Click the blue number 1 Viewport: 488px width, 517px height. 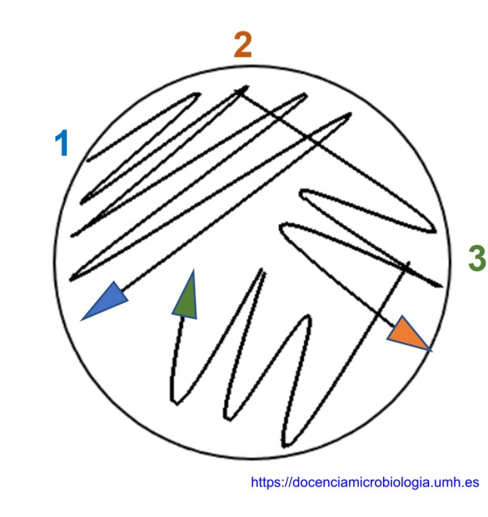click(x=62, y=143)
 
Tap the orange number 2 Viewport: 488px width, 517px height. click(x=243, y=45)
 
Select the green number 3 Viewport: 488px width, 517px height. click(x=477, y=258)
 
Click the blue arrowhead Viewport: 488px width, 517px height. click(x=105, y=301)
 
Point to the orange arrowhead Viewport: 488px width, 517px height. click(x=407, y=334)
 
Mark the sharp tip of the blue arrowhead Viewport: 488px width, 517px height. click(x=82, y=320)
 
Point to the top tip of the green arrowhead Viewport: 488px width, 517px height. click(x=193, y=271)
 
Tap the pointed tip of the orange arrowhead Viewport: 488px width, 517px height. click(x=431, y=351)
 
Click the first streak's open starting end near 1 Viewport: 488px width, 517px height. click(x=88, y=161)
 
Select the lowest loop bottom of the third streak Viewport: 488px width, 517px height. click(x=285, y=446)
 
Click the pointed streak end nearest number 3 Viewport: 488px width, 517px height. click(x=441, y=286)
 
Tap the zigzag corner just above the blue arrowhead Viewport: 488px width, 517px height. click(x=71, y=280)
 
